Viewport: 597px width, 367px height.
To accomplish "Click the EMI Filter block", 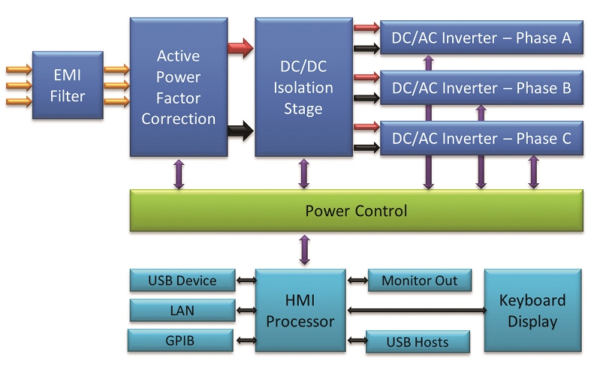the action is click(68, 86).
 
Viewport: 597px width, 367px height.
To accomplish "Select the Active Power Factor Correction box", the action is click(179, 87).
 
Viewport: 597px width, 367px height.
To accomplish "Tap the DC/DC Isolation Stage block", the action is click(304, 87).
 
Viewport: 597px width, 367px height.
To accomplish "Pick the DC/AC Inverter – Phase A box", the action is click(481, 38).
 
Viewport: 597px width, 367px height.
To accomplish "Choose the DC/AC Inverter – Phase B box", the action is click(481, 88).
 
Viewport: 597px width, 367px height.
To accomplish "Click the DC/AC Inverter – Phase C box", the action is click(481, 138).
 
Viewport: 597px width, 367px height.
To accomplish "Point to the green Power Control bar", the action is click(357, 211).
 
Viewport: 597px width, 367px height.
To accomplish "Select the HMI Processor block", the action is click(300, 310).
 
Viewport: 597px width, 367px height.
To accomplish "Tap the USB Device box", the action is click(182, 281).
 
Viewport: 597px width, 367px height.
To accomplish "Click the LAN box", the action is click(182, 310).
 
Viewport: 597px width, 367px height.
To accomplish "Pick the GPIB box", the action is click(180, 340).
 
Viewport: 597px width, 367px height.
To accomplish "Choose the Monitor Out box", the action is click(420, 281).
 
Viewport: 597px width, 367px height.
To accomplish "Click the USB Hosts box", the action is click(418, 342).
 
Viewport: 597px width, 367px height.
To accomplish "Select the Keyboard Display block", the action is click(533, 310).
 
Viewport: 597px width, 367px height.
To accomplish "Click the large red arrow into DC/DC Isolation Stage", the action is click(240, 48).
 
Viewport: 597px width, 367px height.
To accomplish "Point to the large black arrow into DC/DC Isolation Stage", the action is click(240, 131).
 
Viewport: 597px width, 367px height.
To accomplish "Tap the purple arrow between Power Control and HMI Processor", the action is click(305, 250).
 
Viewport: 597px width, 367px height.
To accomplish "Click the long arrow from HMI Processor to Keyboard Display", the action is click(417, 311).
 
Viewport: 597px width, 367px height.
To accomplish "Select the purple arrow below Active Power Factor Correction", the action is click(179, 174).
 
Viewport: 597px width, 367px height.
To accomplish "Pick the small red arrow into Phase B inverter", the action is click(366, 77).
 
